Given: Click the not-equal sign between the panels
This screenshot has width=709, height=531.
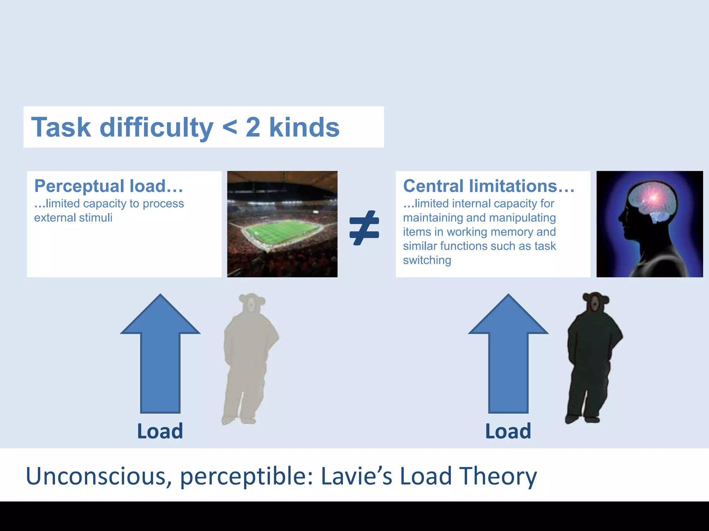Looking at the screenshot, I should click(364, 228).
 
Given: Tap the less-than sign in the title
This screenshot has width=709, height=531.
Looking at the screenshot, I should click(230, 127).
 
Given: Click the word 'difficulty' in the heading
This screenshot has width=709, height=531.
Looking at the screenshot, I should click(156, 127).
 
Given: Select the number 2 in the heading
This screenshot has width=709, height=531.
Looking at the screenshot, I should click(253, 127).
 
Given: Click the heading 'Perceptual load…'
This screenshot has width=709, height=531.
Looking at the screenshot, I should click(109, 186).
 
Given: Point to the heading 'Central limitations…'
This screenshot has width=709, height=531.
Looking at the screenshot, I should click(488, 186).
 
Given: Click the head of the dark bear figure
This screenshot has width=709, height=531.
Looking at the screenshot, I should click(595, 302).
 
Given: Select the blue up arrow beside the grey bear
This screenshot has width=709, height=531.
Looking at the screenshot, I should click(160, 353).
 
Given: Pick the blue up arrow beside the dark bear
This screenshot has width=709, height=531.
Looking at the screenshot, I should click(508, 353).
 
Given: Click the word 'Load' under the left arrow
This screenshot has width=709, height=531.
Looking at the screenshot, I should click(160, 431).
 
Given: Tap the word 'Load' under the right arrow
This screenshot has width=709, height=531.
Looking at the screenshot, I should click(508, 431).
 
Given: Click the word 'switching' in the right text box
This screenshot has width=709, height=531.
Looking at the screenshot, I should click(427, 260).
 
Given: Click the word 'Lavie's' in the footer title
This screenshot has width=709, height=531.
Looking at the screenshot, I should click(357, 476).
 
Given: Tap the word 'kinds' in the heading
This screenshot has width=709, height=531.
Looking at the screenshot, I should click(304, 127).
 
